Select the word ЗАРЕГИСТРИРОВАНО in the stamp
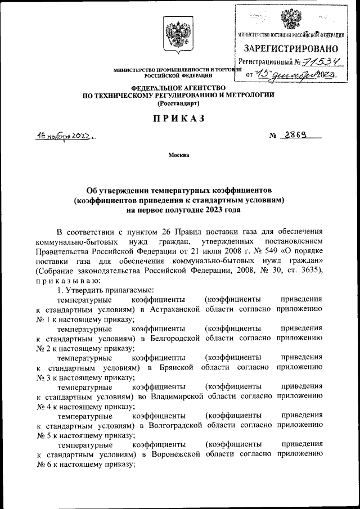pos(291,49)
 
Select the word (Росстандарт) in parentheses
pos(178,103)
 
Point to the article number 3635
pos(309,271)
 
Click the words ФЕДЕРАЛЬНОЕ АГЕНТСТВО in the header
pos(178,88)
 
